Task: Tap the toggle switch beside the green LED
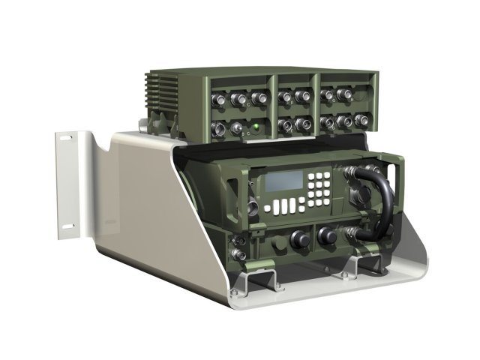point(241,130)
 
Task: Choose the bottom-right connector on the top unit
point(362,119)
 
